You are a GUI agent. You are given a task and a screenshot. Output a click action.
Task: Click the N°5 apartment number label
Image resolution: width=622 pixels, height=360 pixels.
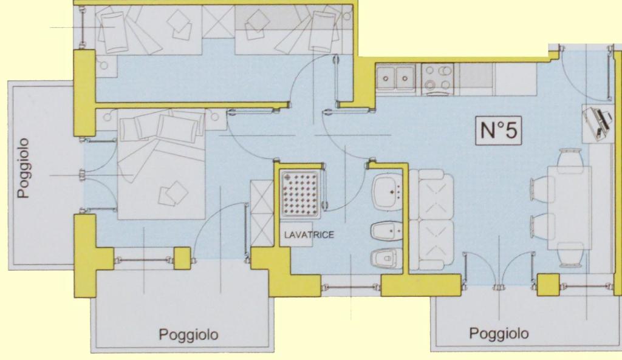(x=499, y=130)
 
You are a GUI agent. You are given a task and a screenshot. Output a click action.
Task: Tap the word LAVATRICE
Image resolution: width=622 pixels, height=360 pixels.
(x=309, y=235)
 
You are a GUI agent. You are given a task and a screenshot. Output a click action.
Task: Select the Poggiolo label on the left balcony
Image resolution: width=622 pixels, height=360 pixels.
(x=24, y=168)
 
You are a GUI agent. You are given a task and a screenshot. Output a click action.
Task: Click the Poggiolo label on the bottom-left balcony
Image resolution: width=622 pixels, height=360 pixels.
(x=188, y=335)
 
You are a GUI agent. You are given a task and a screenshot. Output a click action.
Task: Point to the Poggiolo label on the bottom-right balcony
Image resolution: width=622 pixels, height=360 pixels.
(x=499, y=333)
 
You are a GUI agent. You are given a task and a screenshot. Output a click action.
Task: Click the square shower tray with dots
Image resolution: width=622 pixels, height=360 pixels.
(x=300, y=194)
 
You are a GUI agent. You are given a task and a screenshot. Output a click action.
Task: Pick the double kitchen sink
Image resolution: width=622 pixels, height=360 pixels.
(x=395, y=79)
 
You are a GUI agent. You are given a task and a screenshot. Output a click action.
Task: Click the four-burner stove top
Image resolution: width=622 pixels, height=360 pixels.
(x=438, y=79)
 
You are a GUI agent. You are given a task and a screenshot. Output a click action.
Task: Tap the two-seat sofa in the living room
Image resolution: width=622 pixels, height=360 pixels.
(x=432, y=220)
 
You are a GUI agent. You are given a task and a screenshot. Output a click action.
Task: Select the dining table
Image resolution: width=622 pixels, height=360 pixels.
(x=569, y=208)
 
